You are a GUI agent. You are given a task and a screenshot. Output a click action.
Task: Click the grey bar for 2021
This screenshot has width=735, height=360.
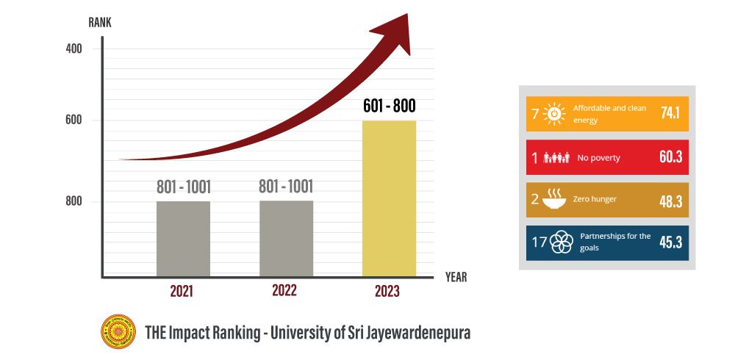(183, 239)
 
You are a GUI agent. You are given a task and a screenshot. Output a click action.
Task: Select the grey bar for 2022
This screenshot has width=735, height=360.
(286, 239)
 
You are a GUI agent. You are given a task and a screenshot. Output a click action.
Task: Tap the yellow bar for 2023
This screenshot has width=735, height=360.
(389, 198)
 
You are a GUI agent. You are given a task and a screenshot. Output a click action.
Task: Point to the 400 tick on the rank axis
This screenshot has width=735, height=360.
(73, 48)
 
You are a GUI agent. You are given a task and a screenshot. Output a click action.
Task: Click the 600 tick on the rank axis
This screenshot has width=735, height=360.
(73, 120)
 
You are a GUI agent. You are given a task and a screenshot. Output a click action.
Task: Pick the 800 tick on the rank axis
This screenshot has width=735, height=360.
(73, 201)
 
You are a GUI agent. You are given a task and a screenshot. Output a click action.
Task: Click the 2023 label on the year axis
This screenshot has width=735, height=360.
(387, 292)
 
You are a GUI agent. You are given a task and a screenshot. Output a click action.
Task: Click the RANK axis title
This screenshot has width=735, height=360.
(100, 23)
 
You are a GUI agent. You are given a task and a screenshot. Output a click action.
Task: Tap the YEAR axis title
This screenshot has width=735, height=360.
(456, 278)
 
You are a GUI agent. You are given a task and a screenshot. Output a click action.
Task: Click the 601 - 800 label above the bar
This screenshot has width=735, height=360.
(389, 106)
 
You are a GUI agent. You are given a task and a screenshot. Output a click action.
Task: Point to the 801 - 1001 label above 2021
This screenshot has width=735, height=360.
(183, 187)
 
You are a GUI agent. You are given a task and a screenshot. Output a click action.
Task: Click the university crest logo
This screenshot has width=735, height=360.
(118, 332)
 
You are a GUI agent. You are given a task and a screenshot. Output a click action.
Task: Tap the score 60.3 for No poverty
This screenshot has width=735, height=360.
(670, 157)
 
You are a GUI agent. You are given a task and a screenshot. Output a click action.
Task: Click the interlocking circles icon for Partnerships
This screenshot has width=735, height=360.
(562, 242)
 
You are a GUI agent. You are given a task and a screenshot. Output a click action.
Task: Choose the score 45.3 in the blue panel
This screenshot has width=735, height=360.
(670, 242)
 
